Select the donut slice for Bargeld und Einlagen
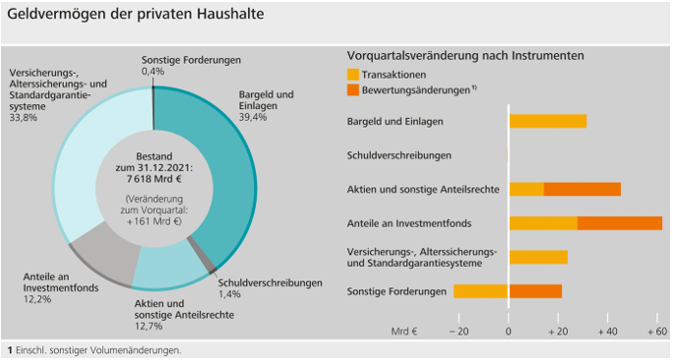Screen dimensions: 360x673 click(x=220, y=177)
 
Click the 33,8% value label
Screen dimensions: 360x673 click(x=23, y=118)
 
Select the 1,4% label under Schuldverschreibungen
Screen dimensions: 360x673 click(x=228, y=295)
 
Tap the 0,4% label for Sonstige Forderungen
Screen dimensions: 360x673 click(x=153, y=72)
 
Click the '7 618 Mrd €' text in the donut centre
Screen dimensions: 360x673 click(x=153, y=180)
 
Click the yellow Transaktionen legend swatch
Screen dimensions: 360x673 click(x=354, y=74)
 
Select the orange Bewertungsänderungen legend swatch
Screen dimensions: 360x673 click(x=354, y=90)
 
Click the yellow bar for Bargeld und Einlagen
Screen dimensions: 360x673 click(x=547, y=121)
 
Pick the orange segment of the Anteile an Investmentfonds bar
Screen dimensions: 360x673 click(x=619, y=223)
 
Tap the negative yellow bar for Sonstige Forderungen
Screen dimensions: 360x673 click(x=481, y=291)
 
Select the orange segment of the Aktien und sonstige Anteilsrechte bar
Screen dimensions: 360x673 click(x=581, y=189)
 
